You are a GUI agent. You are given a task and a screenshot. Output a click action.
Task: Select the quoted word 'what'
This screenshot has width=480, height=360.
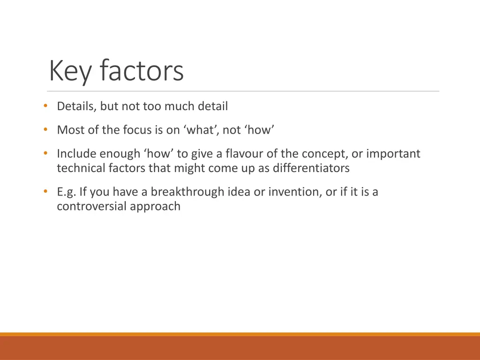(201, 130)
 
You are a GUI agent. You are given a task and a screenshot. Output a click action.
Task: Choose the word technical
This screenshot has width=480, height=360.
(80, 168)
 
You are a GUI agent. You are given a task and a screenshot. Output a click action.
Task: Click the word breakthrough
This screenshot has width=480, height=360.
(187, 192)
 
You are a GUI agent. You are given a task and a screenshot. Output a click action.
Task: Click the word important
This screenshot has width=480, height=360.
(393, 154)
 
